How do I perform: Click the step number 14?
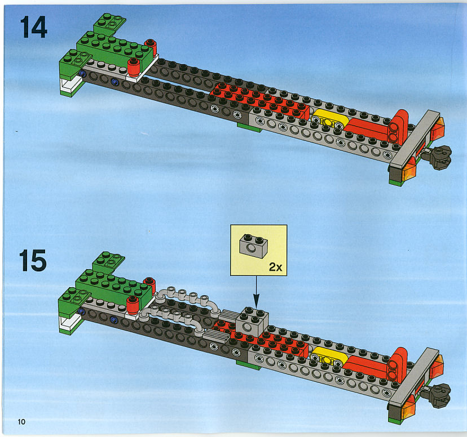[34, 27]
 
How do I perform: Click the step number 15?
[33, 261]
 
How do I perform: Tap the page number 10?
[21, 422]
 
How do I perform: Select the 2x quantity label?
[275, 267]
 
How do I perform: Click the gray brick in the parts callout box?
[253, 246]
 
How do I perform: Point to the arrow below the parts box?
[256, 292]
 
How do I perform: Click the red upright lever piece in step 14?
[398, 127]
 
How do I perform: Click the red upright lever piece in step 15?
[397, 365]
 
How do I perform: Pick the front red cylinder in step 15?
[133, 305]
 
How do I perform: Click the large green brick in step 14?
[114, 51]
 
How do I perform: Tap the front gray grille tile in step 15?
[216, 336]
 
